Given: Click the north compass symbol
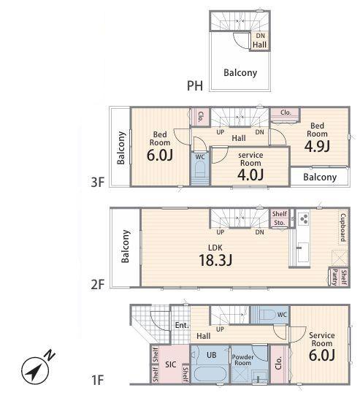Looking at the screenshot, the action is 36,370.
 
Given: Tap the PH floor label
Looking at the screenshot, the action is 195,85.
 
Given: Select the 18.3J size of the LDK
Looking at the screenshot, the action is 215,260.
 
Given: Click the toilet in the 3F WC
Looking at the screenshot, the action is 200,169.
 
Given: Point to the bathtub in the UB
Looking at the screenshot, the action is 210,374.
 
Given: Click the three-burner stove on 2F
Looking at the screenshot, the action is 304,218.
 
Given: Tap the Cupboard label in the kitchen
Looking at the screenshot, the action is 342,227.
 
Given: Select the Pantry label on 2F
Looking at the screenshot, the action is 335,278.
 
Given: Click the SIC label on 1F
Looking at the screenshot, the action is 171,364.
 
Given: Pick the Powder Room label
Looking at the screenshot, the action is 242,360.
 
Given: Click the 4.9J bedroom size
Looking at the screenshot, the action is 317,146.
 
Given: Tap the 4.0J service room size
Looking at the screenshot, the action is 250,175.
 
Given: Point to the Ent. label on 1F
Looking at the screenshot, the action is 182,325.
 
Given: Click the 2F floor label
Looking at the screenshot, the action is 98,284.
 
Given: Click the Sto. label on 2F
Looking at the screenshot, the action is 279,223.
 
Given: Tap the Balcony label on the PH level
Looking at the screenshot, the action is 240,73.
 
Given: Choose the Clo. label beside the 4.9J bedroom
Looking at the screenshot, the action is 286,112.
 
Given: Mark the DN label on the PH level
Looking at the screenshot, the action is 260,36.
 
